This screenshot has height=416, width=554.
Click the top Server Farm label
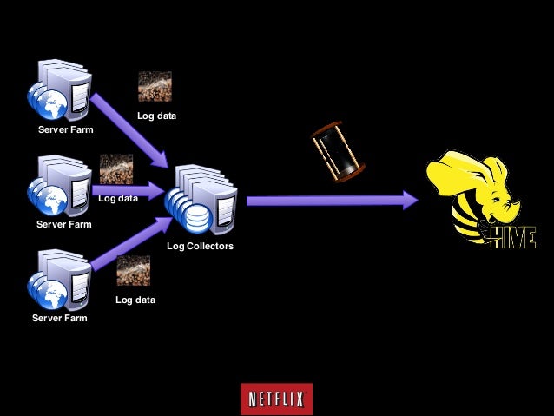pyautogui.click(x=65, y=130)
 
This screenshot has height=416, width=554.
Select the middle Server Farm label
pyautogui.click(x=63, y=224)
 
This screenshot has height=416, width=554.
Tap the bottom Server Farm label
pyautogui.click(x=59, y=318)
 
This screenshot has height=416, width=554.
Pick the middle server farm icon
pyautogui.click(x=58, y=187)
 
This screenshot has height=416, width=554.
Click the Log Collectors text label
pyautogui.click(x=200, y=247)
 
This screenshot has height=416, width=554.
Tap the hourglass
pyautogui.click(x=338, y=152)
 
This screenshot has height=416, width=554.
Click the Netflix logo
pyautogui.click(x=276, y=399)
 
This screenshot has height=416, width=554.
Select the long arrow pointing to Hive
pyautogui.click(x=330, y=201)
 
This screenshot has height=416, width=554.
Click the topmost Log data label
pyautogui.click(x=157, y=116)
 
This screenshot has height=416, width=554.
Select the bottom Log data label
pyautogui.click(x=135, y=300)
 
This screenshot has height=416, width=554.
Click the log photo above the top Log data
pyautogui.click(x=155, y=87)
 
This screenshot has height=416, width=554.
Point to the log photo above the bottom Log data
pyautogui.click(x=133, y=271)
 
